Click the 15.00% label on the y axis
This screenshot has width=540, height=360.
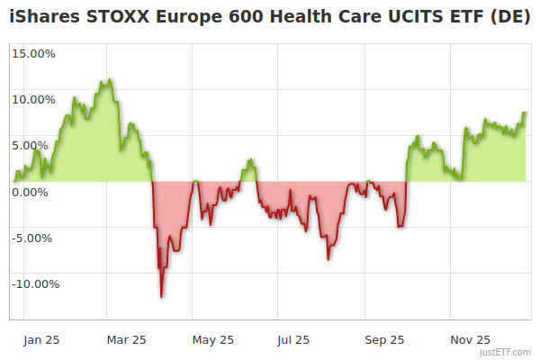[x=33, y=53]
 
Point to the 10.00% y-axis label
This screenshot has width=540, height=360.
[x=33, y=99]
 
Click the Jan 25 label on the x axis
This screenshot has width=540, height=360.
[x=42, y=340]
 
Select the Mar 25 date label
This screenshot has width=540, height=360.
[x=126, y=340]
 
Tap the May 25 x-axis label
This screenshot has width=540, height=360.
[x=213, y=340]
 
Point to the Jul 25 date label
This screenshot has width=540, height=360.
[x=293, y=340]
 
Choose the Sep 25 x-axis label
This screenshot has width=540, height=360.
[x=384, y=340]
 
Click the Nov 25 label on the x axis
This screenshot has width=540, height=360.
[x=471, y=340]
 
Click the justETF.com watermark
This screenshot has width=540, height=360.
[x=506, y=353]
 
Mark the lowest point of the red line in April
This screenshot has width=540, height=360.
[x=161, y=296]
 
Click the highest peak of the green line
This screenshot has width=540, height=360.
[x=107, y=80]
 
